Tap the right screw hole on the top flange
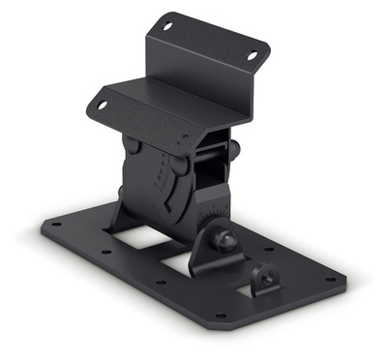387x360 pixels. (x=254, y=56)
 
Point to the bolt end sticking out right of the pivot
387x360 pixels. (x=233, y=148)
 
